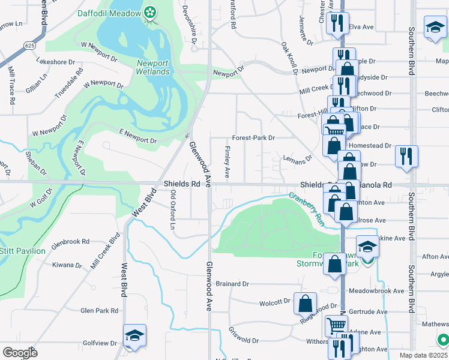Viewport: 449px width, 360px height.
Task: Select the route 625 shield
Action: (x=29, y=45)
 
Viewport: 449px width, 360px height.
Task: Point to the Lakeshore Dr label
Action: (x=55, y=61)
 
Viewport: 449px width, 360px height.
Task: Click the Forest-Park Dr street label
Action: (x=253, y=137)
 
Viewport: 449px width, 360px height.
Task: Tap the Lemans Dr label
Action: (x=298, y=159)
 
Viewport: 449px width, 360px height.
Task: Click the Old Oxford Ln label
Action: (x=173, y=209)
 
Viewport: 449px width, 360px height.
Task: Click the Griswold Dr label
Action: (x=243, y=336)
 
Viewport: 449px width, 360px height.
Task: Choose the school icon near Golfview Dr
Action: (x=134, y=335)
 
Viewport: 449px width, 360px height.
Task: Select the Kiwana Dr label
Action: (x=67, y=265)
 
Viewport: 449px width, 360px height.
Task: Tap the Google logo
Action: (x=19, y=352)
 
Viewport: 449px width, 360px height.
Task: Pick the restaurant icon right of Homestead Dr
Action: (x=406, y=156)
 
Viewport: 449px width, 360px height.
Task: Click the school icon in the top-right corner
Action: (x=435, y=26)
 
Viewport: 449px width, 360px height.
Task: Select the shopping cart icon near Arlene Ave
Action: (x=336, y=325)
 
